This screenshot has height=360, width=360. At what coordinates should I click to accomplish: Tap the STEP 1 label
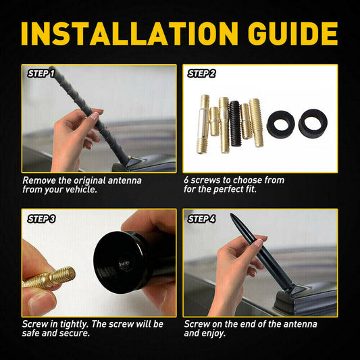(42, 72)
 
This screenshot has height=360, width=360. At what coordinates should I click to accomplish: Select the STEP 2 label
(202, 72)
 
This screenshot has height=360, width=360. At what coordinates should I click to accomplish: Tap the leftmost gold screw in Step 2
(203, 126)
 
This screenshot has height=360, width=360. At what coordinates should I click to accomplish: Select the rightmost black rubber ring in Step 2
(313, 124)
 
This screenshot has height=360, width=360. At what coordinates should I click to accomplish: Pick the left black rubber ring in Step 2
(278, 124)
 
